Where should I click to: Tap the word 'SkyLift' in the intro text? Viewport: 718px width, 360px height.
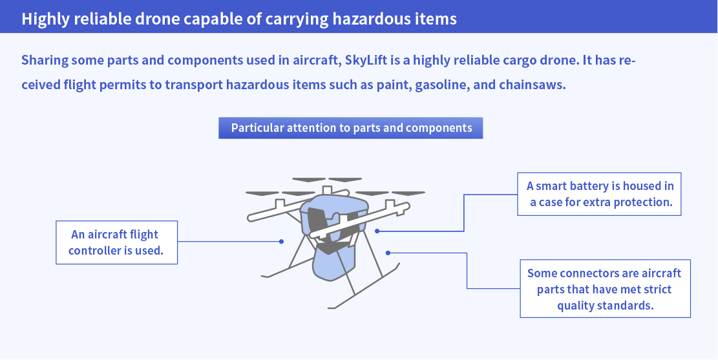pyautogui.click(x=369, y=60)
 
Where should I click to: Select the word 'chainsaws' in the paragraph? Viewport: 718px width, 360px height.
pyautogui.click(x=532, y=85)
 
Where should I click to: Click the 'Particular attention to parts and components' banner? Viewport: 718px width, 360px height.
pyautogui.click(x=351, y=127)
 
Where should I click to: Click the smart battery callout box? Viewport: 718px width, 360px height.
pyautogui.click(x=600, y=194)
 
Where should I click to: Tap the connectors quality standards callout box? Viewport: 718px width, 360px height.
pyautogui.click(x=605, y=288)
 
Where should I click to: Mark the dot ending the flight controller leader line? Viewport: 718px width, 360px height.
pyautogui.click(x=281, y=242)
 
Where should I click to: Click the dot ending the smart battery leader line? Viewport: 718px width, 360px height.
pyautogui.click(x=377, y=231)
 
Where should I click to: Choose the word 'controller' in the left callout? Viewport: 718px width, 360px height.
pyautogui.click(x=98, y=250)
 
